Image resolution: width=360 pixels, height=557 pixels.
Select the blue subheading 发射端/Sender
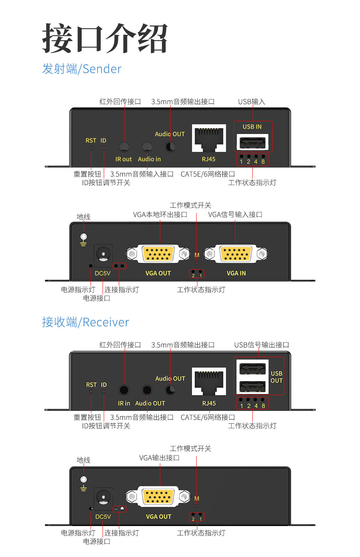[82, 69]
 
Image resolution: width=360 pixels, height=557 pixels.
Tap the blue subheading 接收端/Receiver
[85, 322]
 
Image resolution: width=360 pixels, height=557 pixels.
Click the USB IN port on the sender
[252, 143]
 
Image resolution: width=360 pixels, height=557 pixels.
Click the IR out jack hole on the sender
[124, 147]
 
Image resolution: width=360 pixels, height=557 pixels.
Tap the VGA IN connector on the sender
[235, 254]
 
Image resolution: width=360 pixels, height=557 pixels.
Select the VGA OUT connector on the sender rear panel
[158, 254]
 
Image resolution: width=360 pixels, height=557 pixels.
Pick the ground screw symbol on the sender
[83, 237]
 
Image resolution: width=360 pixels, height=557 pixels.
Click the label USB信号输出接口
[261, 345]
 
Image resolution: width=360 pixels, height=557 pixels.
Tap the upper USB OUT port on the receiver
[252, 368]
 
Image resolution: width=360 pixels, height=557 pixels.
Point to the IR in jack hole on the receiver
[124, 390]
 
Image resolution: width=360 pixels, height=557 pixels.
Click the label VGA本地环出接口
[160, 215]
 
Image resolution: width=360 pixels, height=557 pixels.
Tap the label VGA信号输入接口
[235, 215]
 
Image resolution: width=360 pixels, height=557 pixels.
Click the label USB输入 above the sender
[252, 101]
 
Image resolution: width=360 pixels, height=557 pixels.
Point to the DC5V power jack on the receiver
[103, 497]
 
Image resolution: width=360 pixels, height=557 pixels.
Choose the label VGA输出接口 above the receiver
[159, 458]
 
